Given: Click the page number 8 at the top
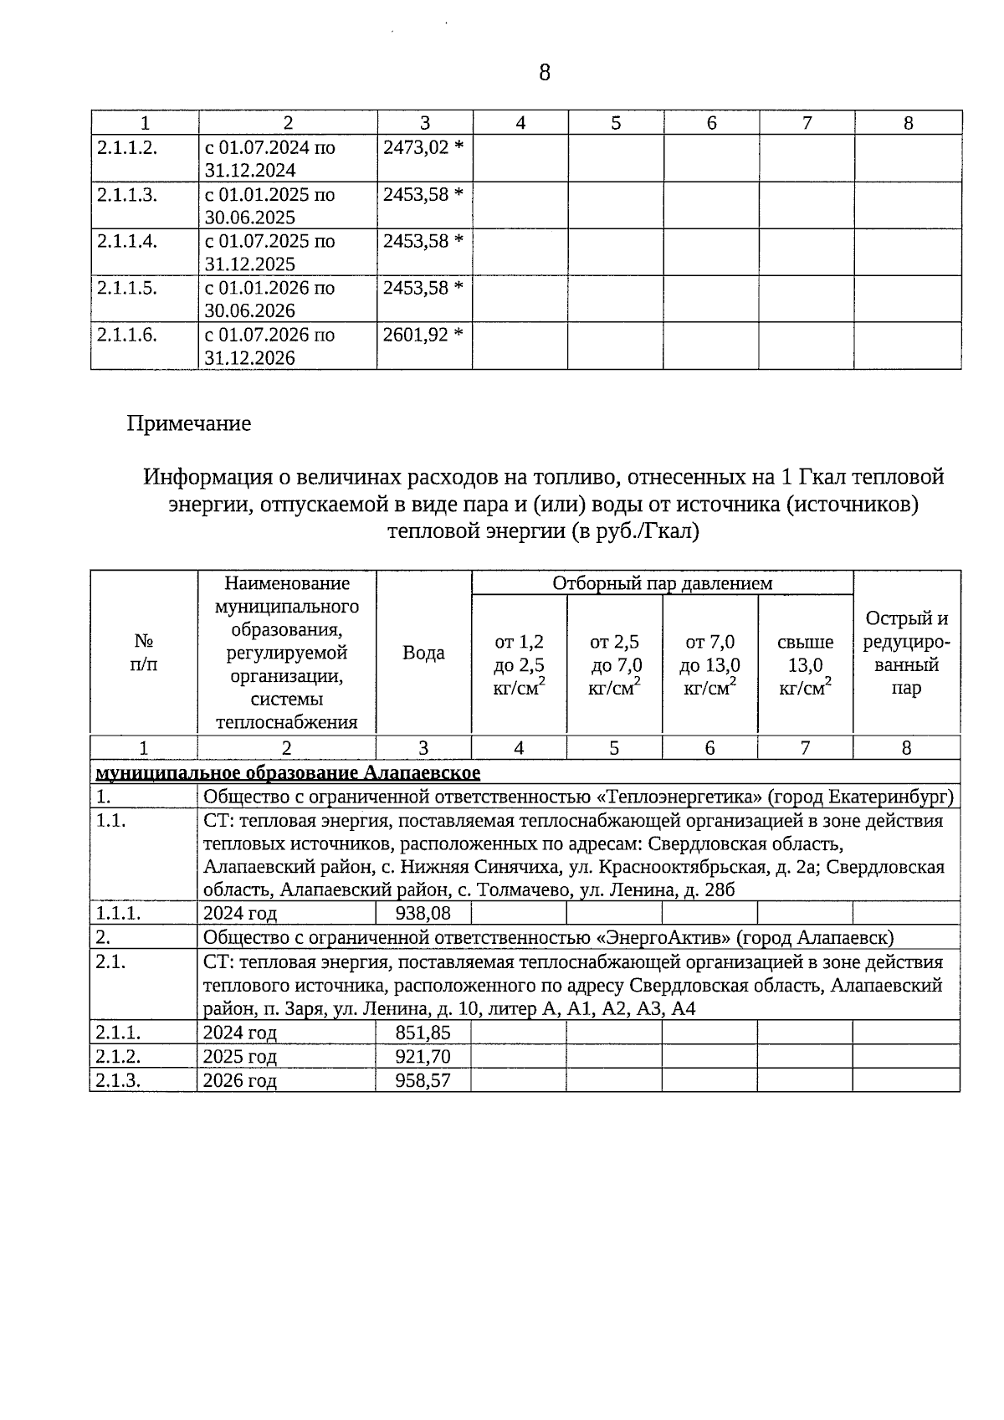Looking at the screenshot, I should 545,73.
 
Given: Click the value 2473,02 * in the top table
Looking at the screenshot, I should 423,147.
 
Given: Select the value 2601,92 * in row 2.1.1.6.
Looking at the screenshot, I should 423,335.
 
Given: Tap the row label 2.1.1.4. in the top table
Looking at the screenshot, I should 127,241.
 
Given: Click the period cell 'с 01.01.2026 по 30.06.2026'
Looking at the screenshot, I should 269,299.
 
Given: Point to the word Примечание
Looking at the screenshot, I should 189,423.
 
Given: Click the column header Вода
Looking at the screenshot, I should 423,653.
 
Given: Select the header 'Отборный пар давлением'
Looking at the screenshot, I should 662,583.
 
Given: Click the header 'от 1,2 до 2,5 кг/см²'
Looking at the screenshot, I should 520,665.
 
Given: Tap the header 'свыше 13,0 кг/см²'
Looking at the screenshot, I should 805,665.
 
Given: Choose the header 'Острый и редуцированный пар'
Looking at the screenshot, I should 907,654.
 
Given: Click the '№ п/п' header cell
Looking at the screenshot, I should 144,653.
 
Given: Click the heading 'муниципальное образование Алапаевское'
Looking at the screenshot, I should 289,772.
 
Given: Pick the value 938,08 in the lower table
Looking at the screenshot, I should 423,913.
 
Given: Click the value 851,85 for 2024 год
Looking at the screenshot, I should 423,1032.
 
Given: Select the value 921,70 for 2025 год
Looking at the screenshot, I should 423,1056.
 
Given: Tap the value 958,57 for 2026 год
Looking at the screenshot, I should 423,1080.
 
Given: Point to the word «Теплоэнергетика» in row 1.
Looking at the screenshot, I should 674,796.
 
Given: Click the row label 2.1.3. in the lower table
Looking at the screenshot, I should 118,1080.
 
